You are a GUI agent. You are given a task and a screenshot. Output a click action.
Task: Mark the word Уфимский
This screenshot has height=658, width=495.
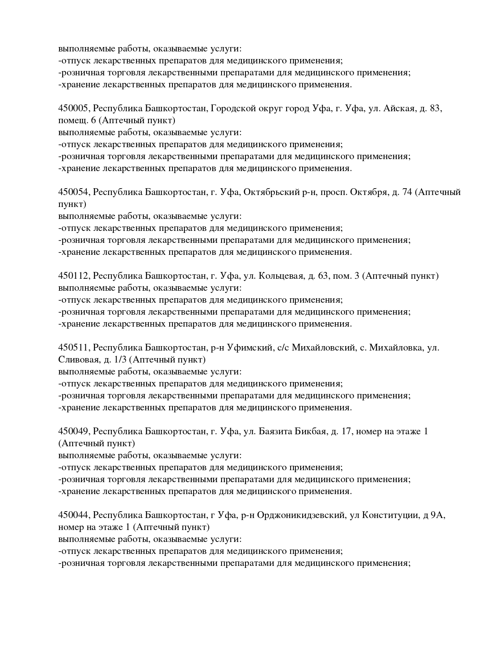(249, 348)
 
